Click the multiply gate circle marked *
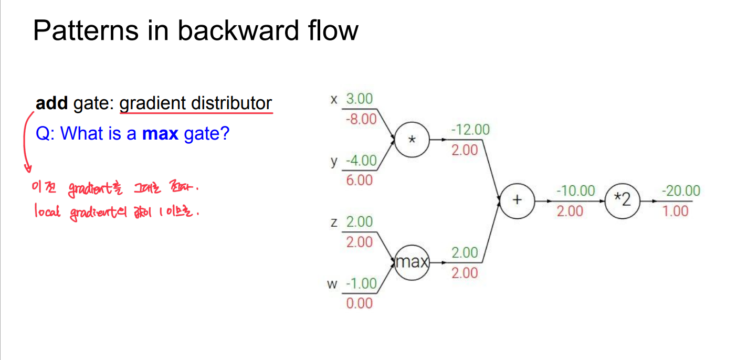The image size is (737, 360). [412, 140]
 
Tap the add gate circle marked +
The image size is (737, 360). [517, 200]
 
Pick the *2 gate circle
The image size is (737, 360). [622, 200]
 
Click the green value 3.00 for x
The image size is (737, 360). [359, 99]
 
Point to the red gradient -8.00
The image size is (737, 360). [361, 119]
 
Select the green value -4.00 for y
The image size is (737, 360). [361, 160]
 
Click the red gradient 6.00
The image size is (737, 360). [359, 181]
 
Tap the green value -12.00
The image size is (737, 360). [471, 130]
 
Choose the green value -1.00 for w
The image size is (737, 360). [361, 283]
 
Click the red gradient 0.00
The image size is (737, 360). [359, 303]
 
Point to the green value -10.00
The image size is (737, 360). [576, 190]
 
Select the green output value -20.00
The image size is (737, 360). [681, 190]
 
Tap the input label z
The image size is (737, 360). [334, 223]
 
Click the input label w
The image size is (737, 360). [332, 284]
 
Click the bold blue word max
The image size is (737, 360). [161, 134]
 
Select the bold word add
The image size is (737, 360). [51, 103]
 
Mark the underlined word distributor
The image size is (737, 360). [231, 103]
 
